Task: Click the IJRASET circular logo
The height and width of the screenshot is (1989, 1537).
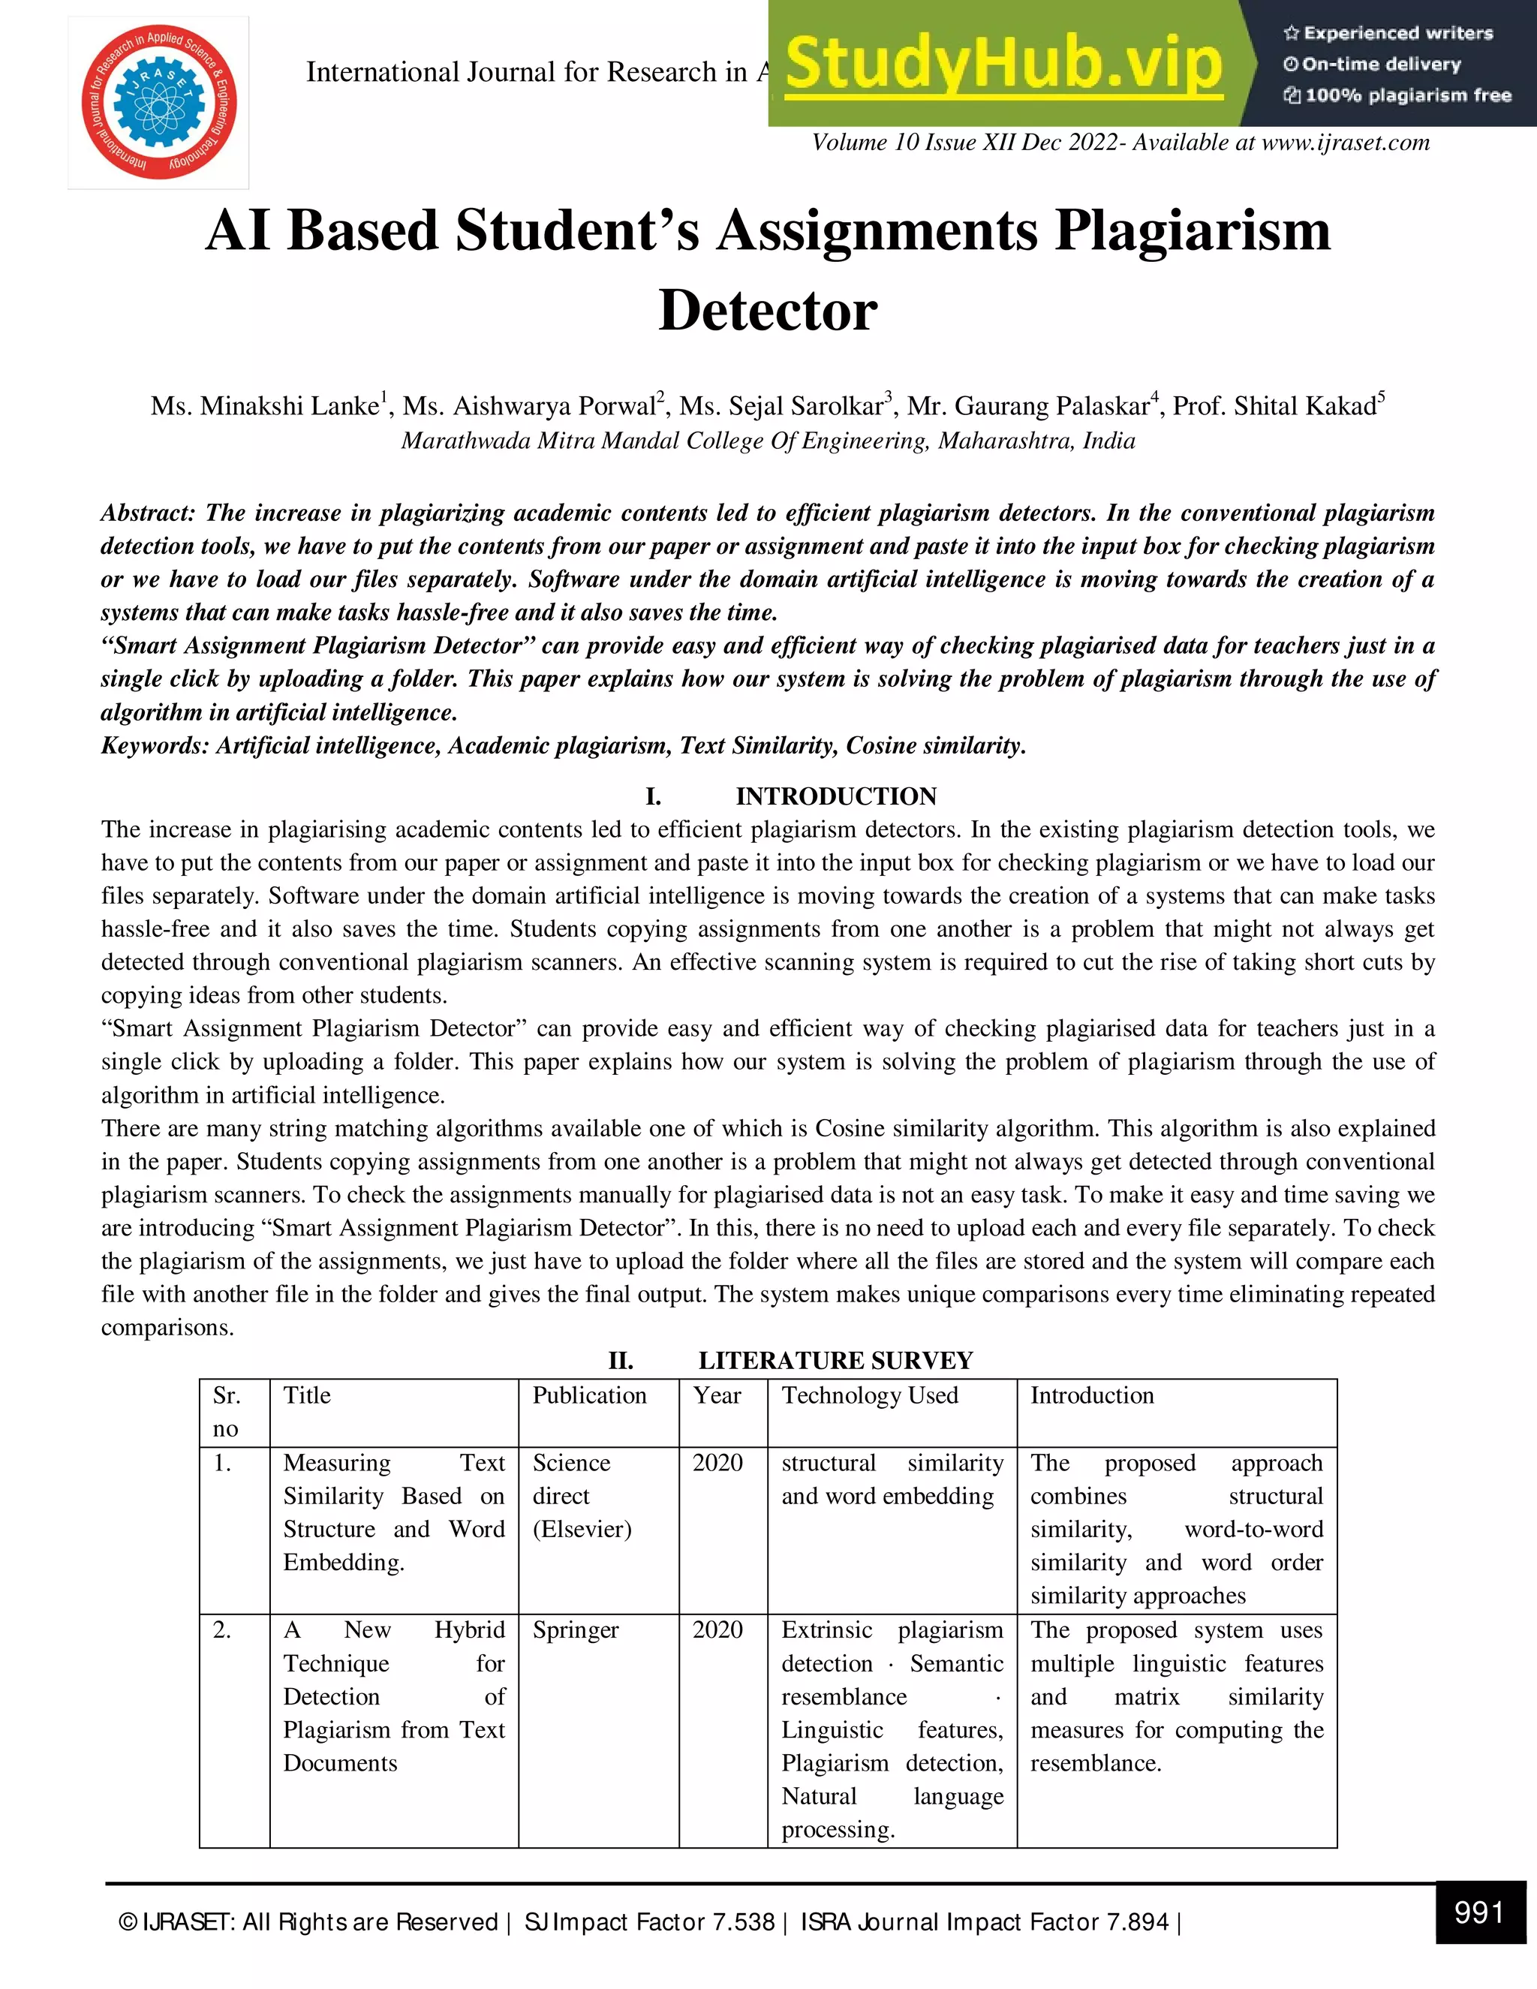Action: tap(158, 102)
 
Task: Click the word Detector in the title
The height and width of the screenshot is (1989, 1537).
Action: tap(768, 311)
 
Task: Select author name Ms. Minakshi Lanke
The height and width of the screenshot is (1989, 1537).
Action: tap(265, 406)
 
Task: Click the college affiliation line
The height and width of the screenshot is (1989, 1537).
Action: tap(768, 441)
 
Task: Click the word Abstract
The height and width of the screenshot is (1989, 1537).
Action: tap(146, 513)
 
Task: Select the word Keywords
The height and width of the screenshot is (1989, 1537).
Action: tap(154, 746)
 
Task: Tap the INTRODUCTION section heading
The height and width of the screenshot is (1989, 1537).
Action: tap(835, 797)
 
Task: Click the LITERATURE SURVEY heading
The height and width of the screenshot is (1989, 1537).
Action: tap(835, 1361)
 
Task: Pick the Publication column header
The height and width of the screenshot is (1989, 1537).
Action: tap(589, 1396)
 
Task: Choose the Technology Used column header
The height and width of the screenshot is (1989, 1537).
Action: tap(870, 1396)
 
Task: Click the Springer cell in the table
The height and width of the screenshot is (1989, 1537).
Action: tap(576, 1631)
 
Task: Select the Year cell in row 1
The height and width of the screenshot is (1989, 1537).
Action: tap(717, 1464)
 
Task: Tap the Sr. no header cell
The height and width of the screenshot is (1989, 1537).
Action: tap(227, 1412)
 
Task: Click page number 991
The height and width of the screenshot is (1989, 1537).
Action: tap(1478, 1912)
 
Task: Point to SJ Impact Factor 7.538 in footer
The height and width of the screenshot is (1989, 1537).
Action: tap(649, 1922)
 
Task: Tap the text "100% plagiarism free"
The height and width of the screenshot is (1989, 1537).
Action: tap(1407, 95)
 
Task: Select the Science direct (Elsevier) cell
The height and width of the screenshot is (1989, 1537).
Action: tap(582, 1497)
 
